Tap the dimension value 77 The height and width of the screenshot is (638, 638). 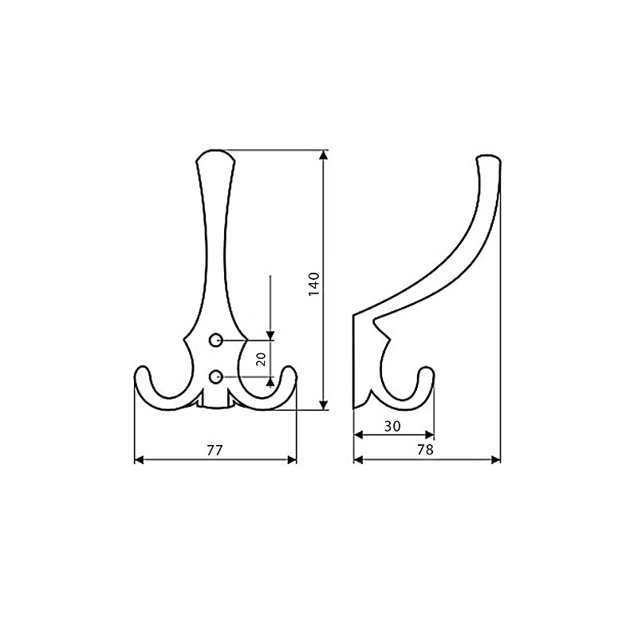(x=214, y=450)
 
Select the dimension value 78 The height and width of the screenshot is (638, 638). (x=425, y=450)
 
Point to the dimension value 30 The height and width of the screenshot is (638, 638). (x=392, y=426)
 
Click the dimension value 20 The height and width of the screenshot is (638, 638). (x=261, y=358)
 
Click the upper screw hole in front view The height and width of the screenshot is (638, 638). (x=215, y=341)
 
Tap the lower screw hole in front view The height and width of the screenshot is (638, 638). (x=215, y=376)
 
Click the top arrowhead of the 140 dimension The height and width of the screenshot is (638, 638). (x=324, y=156)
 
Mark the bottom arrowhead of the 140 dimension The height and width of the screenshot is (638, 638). (x=324, y=404)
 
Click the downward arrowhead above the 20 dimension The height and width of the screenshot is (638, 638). (x=270, y=335)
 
